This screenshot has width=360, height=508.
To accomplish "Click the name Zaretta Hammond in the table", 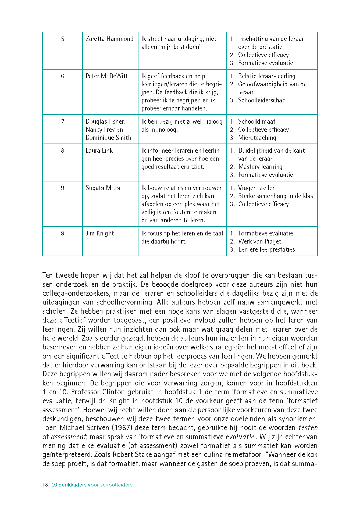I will (x=109, y=39).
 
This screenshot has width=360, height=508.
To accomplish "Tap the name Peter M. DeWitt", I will (x=107, y=76).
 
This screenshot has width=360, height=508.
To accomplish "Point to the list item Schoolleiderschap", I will (x=262, y=100).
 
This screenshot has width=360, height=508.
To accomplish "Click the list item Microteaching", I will (x=257, y=138).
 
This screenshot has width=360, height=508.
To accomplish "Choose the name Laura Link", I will (x=99, y=151).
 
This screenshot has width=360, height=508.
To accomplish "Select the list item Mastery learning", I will (x=260, y=167).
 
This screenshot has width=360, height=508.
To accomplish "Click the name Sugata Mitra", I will (x=103, y=188).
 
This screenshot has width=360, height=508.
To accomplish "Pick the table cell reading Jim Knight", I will (x=100, y=233).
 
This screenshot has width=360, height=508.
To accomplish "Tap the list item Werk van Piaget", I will (x=259, y=241).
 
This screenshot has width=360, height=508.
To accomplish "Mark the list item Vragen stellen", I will (x=257, y=188).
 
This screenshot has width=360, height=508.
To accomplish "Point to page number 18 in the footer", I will (x=45, y=485).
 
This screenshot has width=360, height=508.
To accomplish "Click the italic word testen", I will (x=308, y=428).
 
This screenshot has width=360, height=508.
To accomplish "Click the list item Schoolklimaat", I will (x=256, y=121).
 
